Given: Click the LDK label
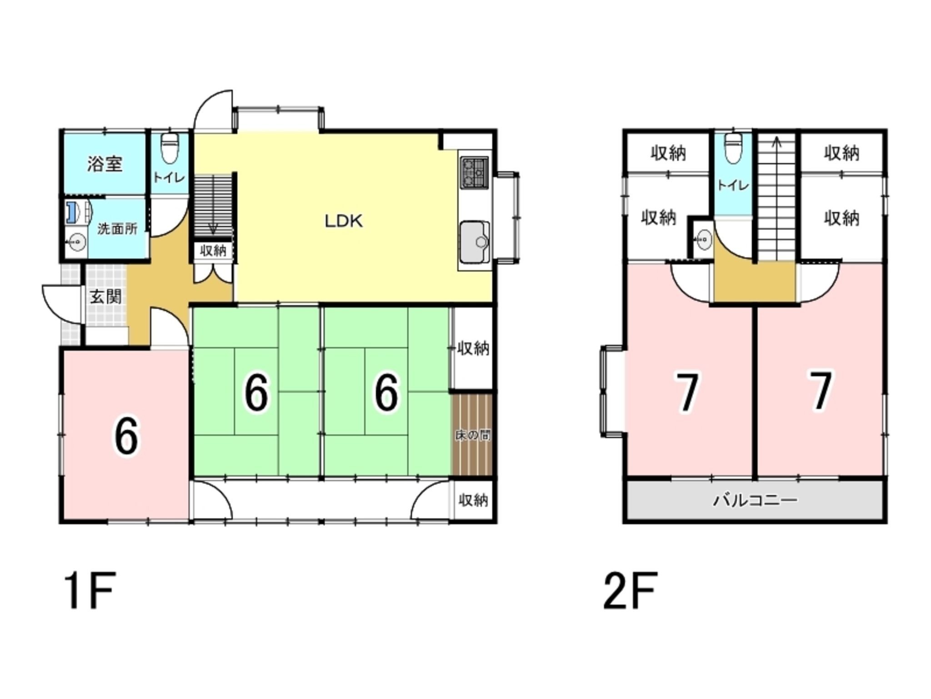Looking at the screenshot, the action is point(343,222).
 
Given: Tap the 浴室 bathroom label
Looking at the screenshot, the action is point(105,164).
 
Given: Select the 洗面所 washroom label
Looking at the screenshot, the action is point(117,228).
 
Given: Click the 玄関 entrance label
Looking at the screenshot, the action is point(105,297).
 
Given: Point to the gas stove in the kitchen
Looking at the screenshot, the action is point(475,172).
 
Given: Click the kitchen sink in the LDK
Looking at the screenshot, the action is point(475,242).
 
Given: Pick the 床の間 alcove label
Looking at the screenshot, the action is point(473,436).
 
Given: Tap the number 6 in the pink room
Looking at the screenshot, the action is point(126,437).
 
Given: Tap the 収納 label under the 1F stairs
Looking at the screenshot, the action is point(213,250).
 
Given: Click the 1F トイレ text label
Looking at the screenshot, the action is point(169,177).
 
